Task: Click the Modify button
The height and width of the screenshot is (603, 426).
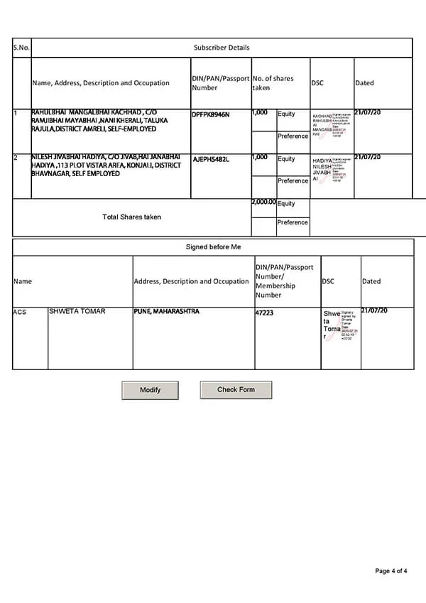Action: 150,390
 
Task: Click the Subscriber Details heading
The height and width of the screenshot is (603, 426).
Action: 222,48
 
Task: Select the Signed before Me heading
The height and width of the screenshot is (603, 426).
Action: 213,246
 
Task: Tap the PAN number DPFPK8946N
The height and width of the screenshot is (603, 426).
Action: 211,114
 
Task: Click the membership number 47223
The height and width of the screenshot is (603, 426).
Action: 264,312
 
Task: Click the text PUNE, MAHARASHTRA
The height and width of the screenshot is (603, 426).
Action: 167,311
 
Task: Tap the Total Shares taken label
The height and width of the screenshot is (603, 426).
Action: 131,217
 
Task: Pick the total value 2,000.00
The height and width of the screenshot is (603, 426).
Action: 263,202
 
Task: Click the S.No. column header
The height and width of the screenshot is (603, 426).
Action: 21,48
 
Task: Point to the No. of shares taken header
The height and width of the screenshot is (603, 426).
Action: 273,82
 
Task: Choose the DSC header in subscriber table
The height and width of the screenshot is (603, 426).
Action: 317,83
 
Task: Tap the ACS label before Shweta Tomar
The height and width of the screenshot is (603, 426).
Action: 20,312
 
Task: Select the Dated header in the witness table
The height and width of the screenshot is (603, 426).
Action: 371,281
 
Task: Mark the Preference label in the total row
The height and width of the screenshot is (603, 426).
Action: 293,222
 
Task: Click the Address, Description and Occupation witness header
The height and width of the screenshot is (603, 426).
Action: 192,281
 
